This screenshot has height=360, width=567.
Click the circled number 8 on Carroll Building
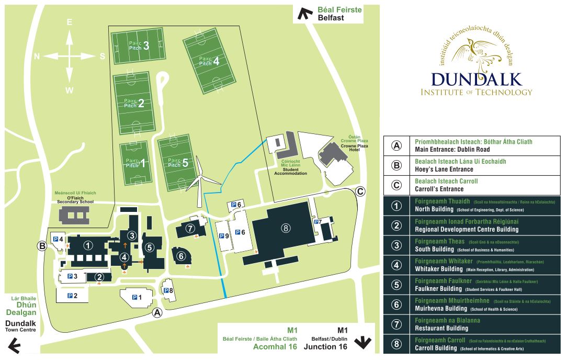285,228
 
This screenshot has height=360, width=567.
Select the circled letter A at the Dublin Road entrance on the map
156,313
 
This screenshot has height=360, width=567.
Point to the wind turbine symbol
199,181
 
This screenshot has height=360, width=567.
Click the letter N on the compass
37,57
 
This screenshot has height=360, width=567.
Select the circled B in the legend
396,166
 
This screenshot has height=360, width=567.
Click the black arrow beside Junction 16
362,343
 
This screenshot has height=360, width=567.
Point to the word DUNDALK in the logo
477,79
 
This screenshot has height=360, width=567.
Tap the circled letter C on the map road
360,191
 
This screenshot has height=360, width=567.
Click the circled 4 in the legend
396,265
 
